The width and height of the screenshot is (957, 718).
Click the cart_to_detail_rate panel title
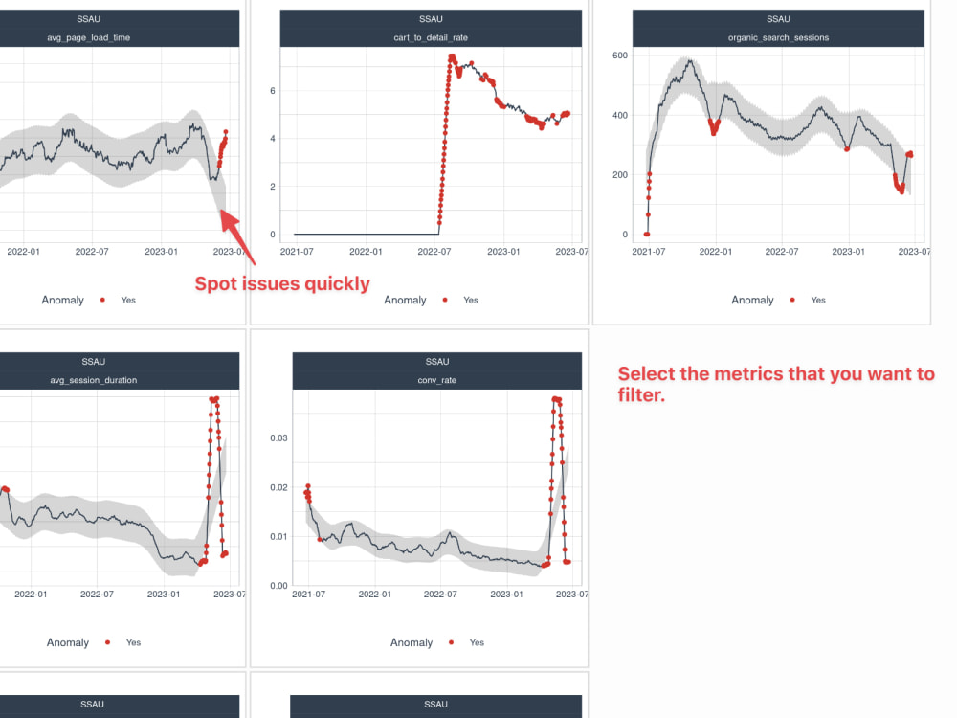432,37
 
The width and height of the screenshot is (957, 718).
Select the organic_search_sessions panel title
778,37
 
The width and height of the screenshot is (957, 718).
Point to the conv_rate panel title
436,380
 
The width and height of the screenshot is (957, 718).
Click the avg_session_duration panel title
93,380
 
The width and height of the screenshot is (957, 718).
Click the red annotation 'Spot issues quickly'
282,283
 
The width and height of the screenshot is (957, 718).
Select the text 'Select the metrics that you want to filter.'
775,383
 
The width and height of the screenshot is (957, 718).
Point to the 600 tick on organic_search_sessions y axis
619,56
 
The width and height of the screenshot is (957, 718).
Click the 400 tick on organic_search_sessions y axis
619,116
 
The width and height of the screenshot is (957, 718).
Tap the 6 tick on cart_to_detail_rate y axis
272,91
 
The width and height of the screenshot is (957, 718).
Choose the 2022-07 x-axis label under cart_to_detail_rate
434,252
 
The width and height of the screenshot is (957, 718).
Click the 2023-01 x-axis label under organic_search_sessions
847,252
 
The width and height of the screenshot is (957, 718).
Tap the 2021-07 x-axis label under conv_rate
307,595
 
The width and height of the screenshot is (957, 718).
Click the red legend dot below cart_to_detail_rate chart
445,300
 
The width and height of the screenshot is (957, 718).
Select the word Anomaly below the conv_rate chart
412,642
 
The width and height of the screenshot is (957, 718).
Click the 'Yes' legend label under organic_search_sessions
818,300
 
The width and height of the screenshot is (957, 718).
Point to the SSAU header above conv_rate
436,362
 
